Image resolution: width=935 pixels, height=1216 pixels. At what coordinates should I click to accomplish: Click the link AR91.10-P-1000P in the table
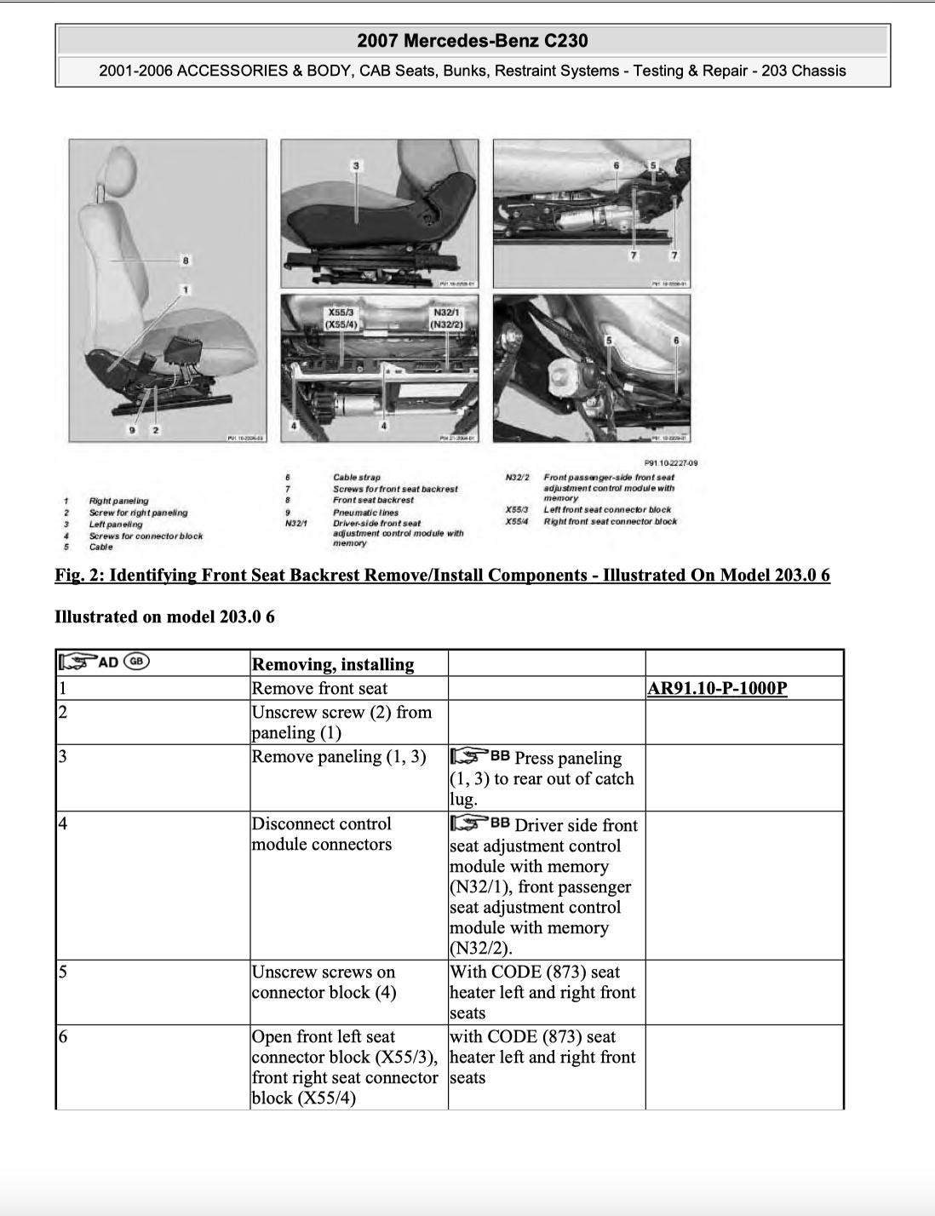[x=717, y=688]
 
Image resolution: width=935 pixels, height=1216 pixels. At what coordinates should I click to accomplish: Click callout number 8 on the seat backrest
[x=186, y=261]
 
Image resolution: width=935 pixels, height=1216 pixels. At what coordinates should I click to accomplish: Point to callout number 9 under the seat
[x=132, y=430]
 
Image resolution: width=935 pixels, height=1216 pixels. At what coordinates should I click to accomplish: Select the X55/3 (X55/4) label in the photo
[x=341, y=318]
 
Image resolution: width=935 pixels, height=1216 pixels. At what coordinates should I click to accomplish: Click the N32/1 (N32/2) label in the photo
[x=446, y=318]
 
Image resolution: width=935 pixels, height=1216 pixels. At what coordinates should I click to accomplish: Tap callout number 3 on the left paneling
[x=356, y=166]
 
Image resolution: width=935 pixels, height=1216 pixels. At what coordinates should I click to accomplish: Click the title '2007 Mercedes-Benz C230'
[x=473, y=40]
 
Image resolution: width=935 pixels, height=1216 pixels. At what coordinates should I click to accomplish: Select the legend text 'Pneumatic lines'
[x=365, y=512]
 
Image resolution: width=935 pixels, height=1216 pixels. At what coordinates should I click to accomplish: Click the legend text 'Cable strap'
[x=357, y=478]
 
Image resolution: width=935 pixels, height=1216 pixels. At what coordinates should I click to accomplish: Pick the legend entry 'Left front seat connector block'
[x=607, y=510]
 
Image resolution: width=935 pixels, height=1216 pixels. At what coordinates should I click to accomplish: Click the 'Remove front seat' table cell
[x=319, y=688]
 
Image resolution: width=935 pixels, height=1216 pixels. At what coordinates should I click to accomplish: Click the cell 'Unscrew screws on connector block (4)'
[x=324, y=982]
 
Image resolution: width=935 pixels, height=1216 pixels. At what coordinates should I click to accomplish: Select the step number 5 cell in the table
[x=63, y=972]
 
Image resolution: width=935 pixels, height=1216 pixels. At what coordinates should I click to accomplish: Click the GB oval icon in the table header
[x=136, y=662]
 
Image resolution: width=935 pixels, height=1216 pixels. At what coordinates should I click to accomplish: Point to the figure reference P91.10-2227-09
[x=671, y=463]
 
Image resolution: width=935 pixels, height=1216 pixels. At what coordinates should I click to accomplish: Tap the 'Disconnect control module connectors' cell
[x=322, y=834]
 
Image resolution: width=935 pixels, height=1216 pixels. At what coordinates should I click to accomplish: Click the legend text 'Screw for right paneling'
[x=138, y=513]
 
